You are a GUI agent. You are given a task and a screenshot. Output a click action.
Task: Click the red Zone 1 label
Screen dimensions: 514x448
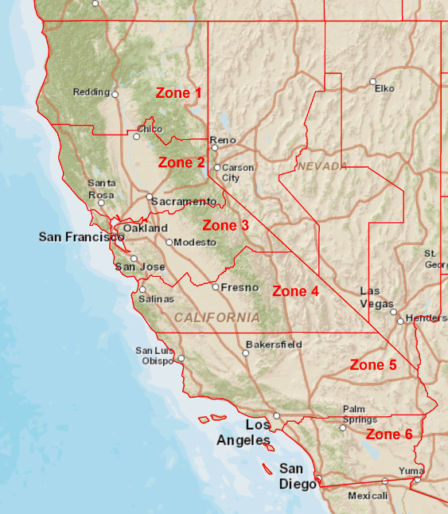pyautogui.click(x=178, y=93)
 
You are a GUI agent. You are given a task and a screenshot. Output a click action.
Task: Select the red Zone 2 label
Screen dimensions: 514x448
pyautogui.click(x=182, y=162)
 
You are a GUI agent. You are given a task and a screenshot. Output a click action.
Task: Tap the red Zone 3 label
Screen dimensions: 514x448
pyautogui.click(x=225, y=225)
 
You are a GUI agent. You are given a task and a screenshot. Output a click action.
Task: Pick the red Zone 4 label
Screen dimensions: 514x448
pyautogui.click(x=295, y=291)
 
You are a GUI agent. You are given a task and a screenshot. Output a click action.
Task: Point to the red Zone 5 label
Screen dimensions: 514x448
pyautogui.click(x=373, y=365)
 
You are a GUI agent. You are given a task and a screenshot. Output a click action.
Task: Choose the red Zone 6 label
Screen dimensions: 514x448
pyautogui.click(x=389, y=434)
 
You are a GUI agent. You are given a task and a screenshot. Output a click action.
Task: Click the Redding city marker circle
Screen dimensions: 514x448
pyautogui.click(x=115, y=94)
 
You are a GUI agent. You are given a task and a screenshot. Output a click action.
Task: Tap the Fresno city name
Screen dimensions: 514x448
pyautogui.click(x=240, y=287)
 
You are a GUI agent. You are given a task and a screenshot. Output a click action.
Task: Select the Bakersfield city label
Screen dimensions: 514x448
pyautogui.click(x=274, y=345)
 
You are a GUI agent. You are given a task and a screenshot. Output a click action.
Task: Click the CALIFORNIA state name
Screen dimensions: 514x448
pyautogui.click(x=217, y=317)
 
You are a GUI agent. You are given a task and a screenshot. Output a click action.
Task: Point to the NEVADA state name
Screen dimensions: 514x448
pyautogui.click(x=322, y=165)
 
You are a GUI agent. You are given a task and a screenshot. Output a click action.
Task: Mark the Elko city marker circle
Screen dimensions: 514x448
pyautogui.click(x=372, y=81)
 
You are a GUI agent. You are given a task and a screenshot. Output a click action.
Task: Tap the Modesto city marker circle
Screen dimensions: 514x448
pyautogui.click(x=169, y=242)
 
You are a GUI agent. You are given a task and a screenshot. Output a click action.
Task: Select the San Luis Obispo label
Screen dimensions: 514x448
pyautogui.click(x=154, y=354)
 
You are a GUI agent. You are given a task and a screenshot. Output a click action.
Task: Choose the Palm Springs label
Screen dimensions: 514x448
pyautogui.click(x=360, y=414)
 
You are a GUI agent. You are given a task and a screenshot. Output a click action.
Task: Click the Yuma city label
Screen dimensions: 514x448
pyautogui.click(x=411, y=471)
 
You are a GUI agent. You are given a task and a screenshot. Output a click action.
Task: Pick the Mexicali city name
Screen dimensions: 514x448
pyautogui.click(x=368, y=496)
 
